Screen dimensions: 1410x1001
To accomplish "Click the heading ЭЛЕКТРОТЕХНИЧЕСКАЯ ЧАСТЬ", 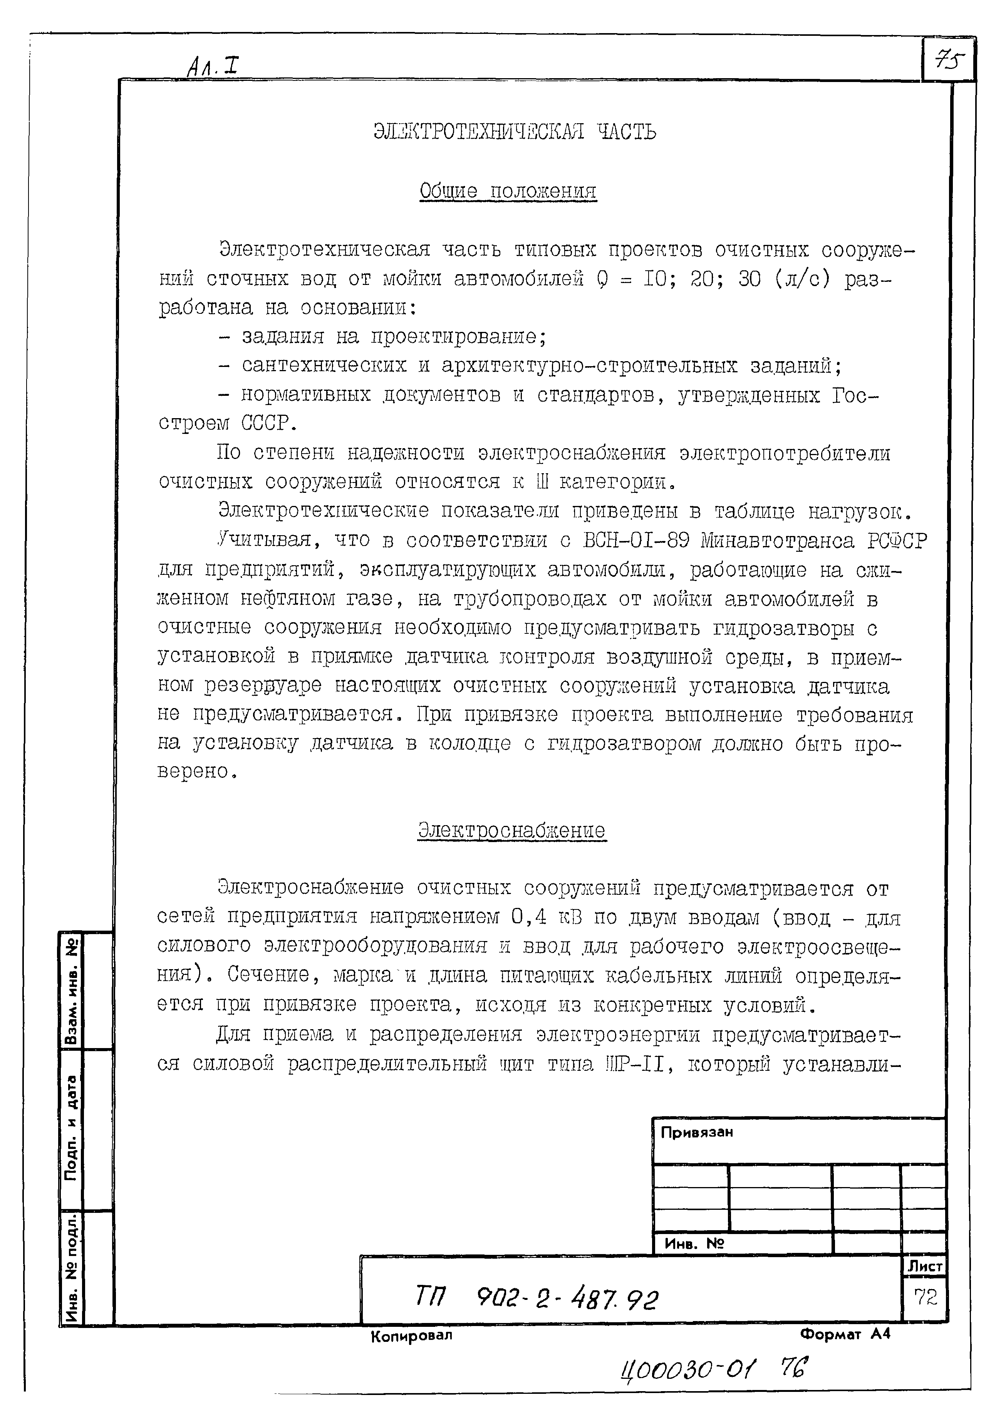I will coord(515,131).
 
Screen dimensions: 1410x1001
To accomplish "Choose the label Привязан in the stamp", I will coord(696,1132).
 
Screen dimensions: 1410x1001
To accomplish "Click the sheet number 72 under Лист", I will coord(925,1298).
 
